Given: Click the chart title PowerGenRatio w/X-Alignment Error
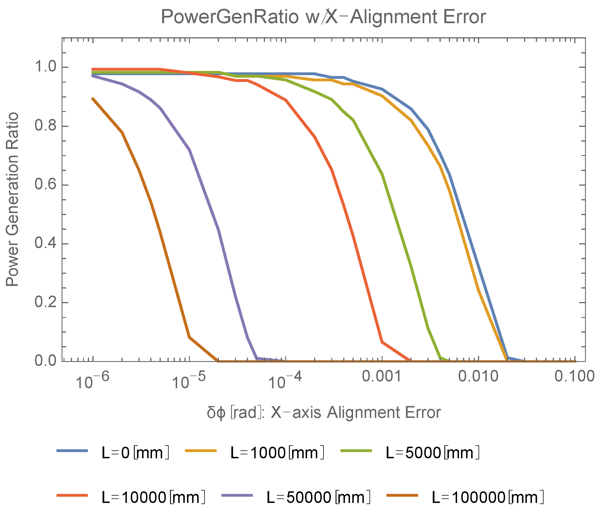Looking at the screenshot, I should [x=323, y=17].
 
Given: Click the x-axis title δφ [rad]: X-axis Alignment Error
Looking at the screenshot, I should [x=324, y=412].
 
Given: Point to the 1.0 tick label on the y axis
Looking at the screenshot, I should [x=45, y=67].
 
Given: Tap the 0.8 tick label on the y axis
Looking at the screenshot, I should [x=45, y=126].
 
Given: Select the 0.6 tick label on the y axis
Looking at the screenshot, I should [x=45, y=185].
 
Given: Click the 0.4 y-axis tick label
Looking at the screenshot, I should [x=45, y=244].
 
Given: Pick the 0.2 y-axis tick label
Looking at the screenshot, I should [x=45, y=302].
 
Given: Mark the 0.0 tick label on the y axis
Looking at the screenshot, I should [x=45, y=361].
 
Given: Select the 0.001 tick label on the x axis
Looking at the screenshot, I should [x=382, y=376].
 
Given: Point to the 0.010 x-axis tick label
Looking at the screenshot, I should [x=478, y=376].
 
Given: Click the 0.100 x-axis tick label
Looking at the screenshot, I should [x=575, y=376].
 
